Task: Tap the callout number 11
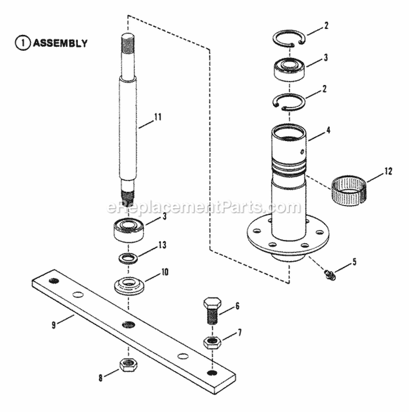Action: click(x=158, y=117)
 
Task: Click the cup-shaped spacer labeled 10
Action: click(x=129, y=285)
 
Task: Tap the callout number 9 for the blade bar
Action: click(x=53, y=326)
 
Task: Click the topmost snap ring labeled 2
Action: click(x=289, y=39)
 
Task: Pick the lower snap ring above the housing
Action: click(x=288, y=102)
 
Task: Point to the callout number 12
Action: click(x=388, y=171)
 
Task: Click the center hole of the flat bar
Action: click(x=128, y=325)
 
